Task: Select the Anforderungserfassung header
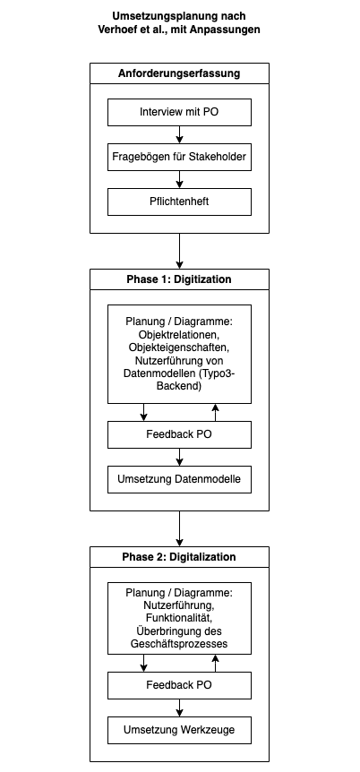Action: coord(179,73)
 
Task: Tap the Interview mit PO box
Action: coord(179,112)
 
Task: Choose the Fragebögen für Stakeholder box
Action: coord(179,157)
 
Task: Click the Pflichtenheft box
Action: coord(179,202)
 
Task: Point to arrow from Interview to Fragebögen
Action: coord(179,135)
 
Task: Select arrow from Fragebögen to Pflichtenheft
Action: coord(179,180)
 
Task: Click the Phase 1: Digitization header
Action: coord(179,279)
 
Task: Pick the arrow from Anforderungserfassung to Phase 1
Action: coord(179,251)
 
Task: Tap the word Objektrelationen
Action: coord(179,335)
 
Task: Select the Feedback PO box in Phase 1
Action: coord(179,434)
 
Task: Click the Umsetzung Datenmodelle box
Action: coord(179,479)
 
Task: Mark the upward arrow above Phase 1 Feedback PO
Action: coord(215,413)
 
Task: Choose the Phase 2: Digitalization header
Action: coord(179,557)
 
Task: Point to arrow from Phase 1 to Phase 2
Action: coord(179,528)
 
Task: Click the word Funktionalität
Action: coord(179,618)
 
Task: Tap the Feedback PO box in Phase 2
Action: coord(179,685)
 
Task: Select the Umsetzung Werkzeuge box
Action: coord(179,730)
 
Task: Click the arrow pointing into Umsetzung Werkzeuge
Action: coord(179,708)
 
